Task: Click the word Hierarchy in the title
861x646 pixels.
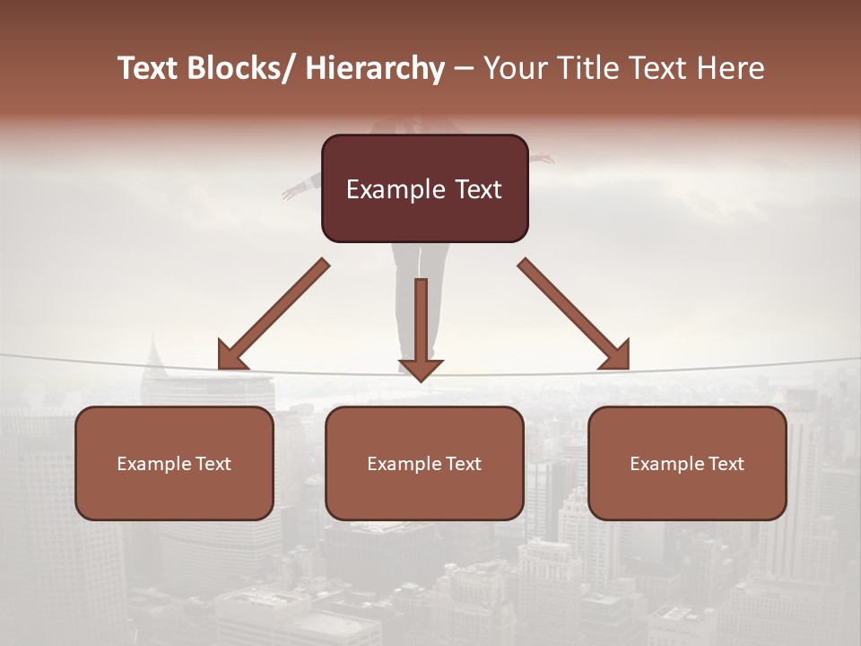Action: click(x=375, y=68)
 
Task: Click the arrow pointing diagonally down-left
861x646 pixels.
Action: click(x=273, y=315)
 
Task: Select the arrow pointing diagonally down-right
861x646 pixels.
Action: click(x=574, y=315)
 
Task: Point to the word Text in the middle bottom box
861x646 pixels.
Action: click(x=461, y=464)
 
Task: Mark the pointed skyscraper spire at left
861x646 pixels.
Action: click(x=153, y=345)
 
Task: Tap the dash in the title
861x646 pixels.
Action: click(x=464, y=68)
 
